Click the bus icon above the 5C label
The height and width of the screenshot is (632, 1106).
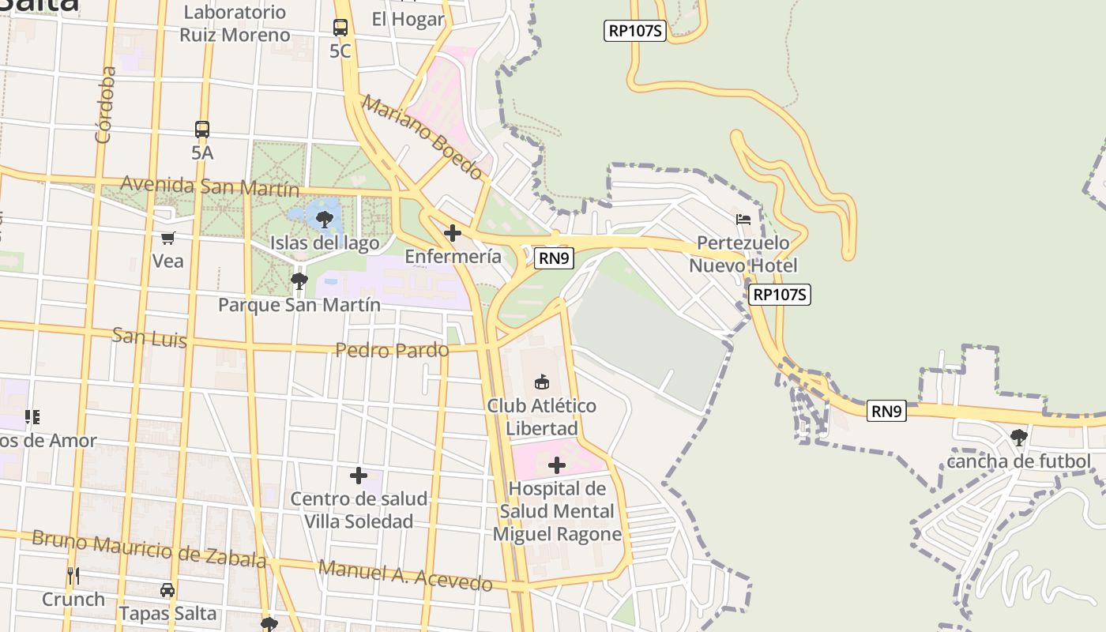(340, 28)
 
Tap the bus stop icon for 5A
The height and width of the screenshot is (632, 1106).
(202, 129)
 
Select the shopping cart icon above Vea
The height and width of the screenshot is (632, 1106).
(167, 238)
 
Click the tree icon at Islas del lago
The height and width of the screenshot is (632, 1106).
(324, 219)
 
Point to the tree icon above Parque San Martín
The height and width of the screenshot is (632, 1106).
(299, 280)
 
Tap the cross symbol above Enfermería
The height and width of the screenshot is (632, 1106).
(453, 233)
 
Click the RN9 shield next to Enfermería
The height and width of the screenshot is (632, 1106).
(554, 258)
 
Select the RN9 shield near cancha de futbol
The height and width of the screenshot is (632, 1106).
(886, 411)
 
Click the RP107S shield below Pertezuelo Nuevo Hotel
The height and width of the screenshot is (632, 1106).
(781, 295)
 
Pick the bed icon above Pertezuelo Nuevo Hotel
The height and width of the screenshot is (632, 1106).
(743, 219)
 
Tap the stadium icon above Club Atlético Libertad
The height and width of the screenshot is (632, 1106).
(542, 382)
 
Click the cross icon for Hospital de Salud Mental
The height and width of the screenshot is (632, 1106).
(557, 465)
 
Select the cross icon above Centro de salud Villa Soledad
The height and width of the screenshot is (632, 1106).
(358, 476)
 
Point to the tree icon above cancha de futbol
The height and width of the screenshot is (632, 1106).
(1018, 437)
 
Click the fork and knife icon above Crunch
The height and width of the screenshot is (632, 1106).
(73, 576)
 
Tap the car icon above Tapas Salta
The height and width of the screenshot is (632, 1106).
(167, 590)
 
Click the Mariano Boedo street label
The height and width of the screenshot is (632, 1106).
(423, 137)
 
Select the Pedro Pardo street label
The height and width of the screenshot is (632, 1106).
(392, 349)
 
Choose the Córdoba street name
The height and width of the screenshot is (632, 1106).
(105, 105)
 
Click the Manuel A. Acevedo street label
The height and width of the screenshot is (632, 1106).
(405, 576)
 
